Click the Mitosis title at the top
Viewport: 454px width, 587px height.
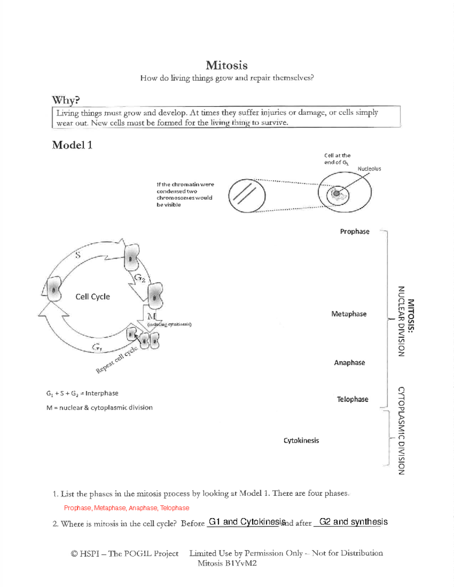point(227,65)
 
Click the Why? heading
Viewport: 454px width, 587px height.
point(66,100)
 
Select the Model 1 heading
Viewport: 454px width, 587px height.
point(72,145)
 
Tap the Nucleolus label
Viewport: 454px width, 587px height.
point(369,169)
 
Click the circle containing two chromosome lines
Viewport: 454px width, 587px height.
point(247,196)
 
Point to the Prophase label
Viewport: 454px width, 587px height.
point(354,231)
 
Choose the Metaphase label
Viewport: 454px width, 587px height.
point(349,314)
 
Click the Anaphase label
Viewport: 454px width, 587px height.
point(349,362)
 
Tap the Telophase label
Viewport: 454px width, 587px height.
point(352,399)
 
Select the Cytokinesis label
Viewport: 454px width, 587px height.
point(301,440)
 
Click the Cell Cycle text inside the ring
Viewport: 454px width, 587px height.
point(93,297)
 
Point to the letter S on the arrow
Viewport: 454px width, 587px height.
point(78,255)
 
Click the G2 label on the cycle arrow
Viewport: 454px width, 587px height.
point(140,279)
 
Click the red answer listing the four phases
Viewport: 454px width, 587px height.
point(126,508)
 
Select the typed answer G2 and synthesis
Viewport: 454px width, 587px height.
point(353,522)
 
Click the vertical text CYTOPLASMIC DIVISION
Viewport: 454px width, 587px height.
point(401,431)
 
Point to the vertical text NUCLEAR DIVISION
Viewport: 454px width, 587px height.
point(401,321)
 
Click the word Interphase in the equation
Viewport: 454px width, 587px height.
point(102,393)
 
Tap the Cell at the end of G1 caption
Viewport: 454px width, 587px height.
point(337,159)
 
